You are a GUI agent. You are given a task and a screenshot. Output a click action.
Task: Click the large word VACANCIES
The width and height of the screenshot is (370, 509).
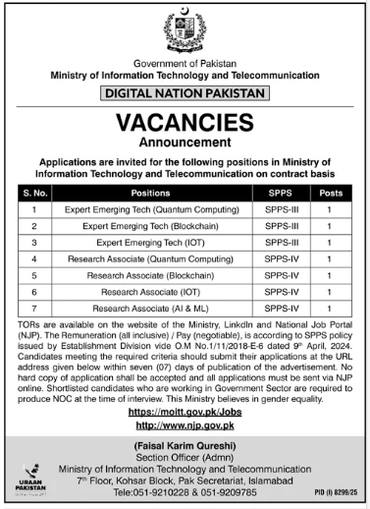[185, 122]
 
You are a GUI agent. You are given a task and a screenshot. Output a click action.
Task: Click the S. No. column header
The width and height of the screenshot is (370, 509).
[34, 193]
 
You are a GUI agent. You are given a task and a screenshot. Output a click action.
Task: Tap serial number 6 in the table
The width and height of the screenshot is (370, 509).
[34, 292]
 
